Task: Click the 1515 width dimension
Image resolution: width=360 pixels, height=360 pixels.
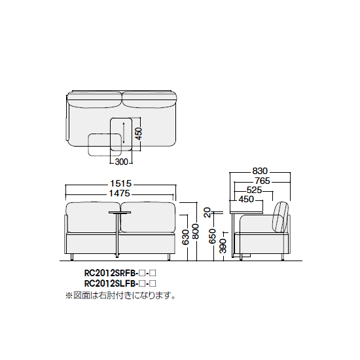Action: coord(120,183)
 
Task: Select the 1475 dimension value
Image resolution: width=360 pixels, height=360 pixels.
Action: coord(119,194)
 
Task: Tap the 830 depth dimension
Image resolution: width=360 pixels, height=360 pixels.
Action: coord(260,171)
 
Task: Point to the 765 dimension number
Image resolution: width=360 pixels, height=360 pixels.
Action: coord(262,181)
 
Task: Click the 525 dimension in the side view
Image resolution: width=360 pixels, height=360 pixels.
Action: coord(254,190)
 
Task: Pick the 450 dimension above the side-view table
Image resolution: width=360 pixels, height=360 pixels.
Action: coord(246,199)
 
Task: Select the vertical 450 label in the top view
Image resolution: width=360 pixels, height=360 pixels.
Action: coord(139,134)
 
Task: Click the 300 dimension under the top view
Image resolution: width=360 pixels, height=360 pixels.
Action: coord(121,162)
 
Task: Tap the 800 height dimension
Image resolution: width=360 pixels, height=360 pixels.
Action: coord(196,231)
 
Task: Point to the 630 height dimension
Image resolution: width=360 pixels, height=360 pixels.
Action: coord(186,237)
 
